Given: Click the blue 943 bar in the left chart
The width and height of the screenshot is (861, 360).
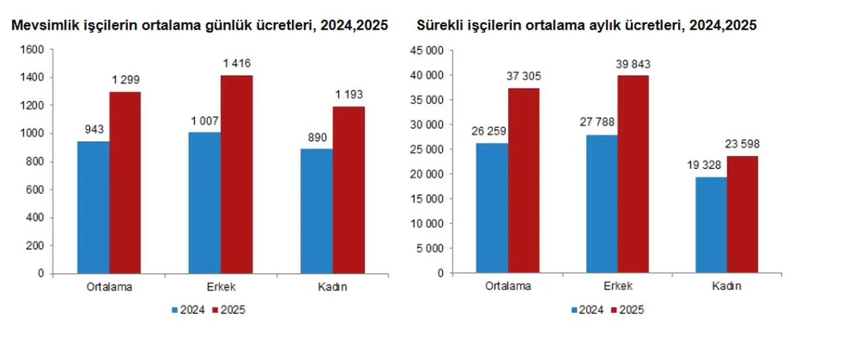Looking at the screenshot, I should point(93,207).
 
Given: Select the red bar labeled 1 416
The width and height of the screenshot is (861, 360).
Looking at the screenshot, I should point(237,174).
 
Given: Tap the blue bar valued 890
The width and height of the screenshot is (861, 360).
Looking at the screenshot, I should point(316,211).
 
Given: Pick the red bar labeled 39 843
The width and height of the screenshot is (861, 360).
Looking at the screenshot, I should point(634,174).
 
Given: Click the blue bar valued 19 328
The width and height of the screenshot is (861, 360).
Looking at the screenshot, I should point(711,225).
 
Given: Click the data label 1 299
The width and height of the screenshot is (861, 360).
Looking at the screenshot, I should point(126,80).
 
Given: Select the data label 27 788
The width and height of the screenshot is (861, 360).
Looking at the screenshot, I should point(601,123).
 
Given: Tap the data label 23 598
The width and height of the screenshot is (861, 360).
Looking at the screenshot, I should point(743,144).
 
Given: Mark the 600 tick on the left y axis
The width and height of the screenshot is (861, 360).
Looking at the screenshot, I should point(36,190).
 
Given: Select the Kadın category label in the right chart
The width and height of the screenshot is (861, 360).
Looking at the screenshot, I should point(726,286).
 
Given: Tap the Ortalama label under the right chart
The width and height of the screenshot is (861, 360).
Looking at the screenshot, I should point(508,286).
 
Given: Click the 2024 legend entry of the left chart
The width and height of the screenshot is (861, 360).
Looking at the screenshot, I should point(188,310).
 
